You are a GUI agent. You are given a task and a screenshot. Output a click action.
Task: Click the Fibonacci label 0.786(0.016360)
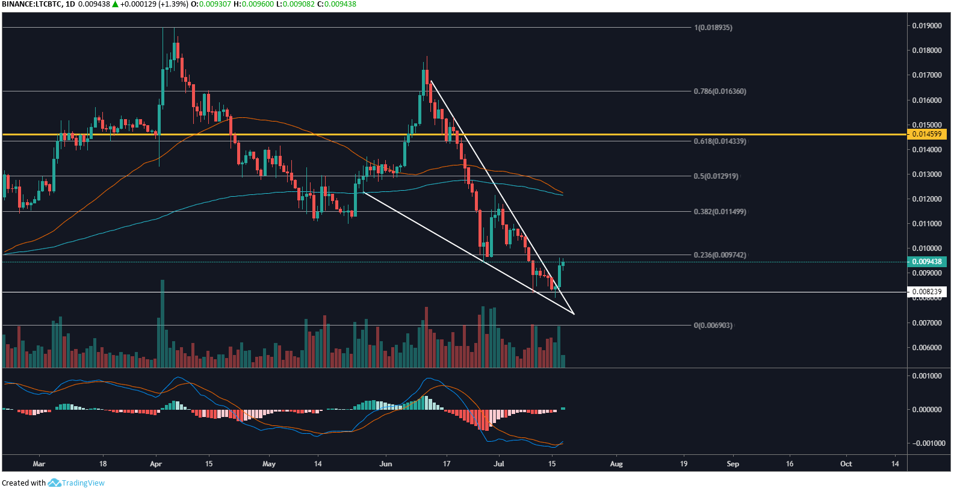pyautogui.click(x=719, y=91)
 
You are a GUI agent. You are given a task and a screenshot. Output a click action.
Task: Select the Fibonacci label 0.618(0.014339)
pyautogui.click(x=719, y=141)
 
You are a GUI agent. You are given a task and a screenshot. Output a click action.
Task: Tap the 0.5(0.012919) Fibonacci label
pyautogui.click(x=716, y=176)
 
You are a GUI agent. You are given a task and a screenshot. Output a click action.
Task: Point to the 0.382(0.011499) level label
pyautogui.click(x=719, y=212)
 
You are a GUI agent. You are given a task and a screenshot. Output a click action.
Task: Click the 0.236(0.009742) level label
pyautogui.click(x=719, y=255)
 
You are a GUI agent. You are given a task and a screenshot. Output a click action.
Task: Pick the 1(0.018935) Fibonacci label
pyautogui.click(x=713, y=28)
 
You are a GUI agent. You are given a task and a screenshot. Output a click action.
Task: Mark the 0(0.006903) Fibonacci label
pyautogui.click(x=713, y=326)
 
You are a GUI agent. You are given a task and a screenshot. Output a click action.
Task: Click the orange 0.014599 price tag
pyautogui.click(x=927, y=134)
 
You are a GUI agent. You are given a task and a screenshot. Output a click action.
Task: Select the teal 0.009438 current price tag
pyautogui.click(x=927, y=262)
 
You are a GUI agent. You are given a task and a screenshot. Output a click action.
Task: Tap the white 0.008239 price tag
pyautogui.click(x=927, y=292)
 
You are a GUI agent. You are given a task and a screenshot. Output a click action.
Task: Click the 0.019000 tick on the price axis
pyautogui.click(x=927, y=26)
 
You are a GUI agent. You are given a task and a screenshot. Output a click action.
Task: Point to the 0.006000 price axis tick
pyautogui.click(x=927, y=348)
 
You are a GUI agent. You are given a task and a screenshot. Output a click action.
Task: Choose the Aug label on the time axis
pyautogui.click(x=616, y=464)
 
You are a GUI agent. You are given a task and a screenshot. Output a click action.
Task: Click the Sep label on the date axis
pyautogui.click(x=733, y=464)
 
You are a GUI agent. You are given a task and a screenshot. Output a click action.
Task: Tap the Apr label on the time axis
pyautogui.click(x=156, y=464)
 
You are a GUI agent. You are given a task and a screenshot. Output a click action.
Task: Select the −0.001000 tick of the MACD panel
pyautogui.click(x=925, y=443)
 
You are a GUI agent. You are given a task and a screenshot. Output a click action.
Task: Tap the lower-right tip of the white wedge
pyautogui.click(x=574, y=313)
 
